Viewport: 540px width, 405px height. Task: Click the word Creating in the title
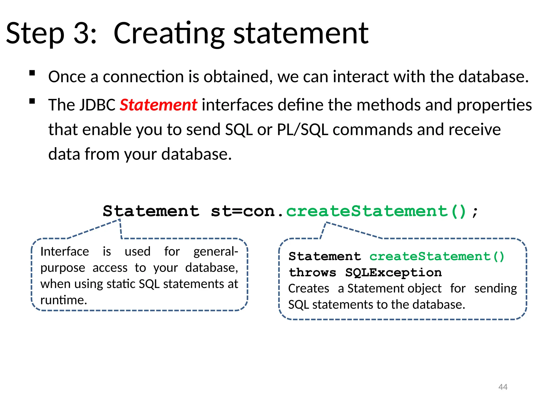tap(169, 33)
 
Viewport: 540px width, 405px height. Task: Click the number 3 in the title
tap(82, 33)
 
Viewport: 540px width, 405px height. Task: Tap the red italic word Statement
tap(158, 105)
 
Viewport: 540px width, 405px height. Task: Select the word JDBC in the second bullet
tap(98, 105)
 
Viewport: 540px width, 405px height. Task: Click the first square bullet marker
tap(32, 73)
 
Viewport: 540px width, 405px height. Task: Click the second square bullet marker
tap(32, 101)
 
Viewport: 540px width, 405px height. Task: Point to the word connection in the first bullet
tap(143, 77)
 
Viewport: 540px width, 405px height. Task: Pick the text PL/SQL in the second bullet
tap(302, 129)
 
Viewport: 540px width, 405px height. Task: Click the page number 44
tap(503, 387)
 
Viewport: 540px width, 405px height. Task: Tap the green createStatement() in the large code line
tap(376, 211)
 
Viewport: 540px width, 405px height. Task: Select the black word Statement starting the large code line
tap(151, 211)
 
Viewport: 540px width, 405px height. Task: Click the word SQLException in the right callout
tap(393, 272)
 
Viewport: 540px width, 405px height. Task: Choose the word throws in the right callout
tap(313, 272)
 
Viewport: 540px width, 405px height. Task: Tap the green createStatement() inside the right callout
tap(437, 256)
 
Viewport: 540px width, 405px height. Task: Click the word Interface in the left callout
tap(65, 252)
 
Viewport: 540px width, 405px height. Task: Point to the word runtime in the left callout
tap(64, 300)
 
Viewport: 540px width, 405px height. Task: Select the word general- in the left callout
tap(216, 252)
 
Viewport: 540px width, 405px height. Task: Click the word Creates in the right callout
tap(309, 288)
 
